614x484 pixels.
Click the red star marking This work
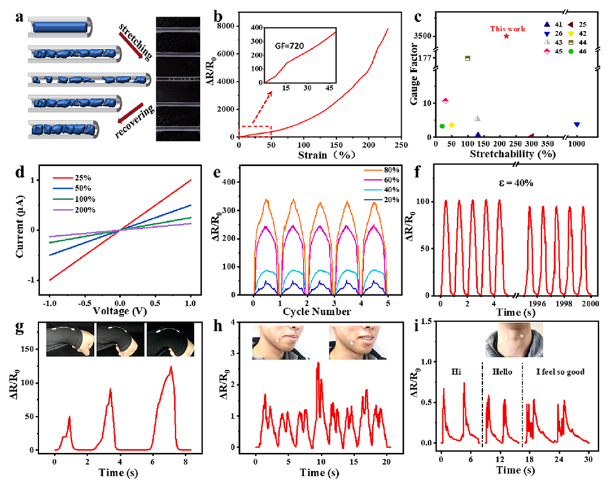(x=507, y=36)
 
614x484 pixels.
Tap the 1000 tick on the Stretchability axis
(x=577, y=145)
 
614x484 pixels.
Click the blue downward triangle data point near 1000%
(x=577, y=125)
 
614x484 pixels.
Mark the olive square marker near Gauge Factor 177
(x=467, y=58)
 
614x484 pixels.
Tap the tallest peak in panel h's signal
(x=318, y=364)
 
